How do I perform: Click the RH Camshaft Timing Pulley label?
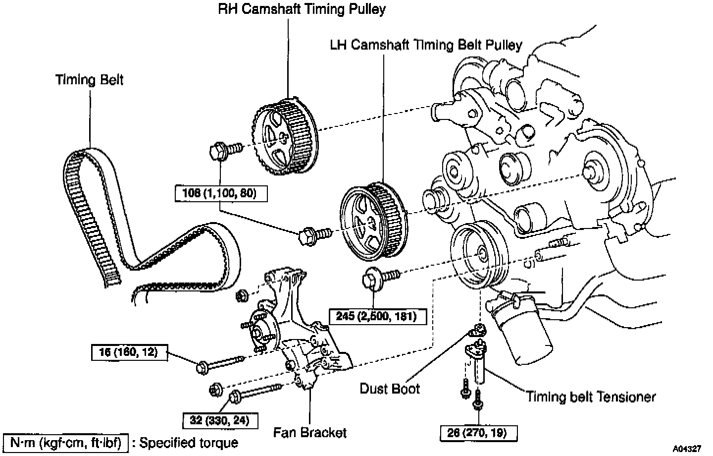click(302, 9)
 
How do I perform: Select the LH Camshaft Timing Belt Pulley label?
click(426, 45)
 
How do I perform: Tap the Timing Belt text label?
click(89, 80)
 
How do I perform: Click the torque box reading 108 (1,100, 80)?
click(221, 193)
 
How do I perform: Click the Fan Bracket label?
click(310, 432)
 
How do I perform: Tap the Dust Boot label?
click(390, 388)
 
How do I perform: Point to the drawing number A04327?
click(687, 449)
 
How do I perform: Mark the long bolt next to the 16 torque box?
click(220, 363)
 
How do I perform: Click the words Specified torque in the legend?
click(189, 443)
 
